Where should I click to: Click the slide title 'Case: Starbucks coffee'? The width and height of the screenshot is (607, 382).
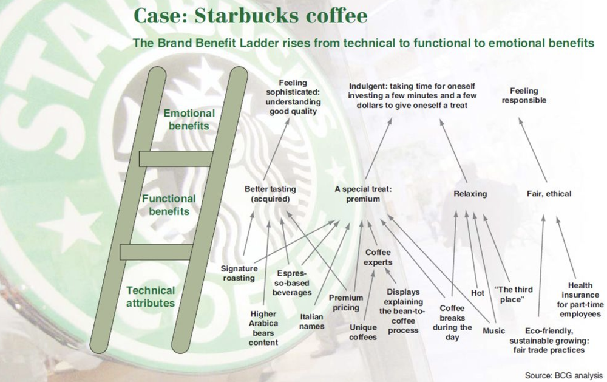(x=250, y=16)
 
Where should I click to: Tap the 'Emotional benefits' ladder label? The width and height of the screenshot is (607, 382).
(x=188, y=120)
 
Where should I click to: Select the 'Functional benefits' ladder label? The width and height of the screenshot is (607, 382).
(x=169, y=205)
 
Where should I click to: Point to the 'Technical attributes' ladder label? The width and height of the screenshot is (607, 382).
(x=151, y=296)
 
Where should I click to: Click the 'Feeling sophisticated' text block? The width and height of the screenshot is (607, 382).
(x=293, y=97)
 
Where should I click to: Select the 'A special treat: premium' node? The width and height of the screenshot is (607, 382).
(x=363, y=194)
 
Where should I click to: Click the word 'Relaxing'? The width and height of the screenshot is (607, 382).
(x=470, y=194)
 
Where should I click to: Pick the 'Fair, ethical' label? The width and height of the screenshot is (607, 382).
(x=549, y=194)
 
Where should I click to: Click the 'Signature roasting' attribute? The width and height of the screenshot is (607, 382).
(x=239, y=273)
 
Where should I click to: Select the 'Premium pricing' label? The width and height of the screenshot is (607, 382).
(x=346, y=302)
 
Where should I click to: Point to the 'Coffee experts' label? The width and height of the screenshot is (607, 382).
(x=378, y=257)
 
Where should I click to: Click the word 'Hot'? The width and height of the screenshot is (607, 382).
(x=478, y=293)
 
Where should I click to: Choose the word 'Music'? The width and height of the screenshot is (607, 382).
(x=493, y=331)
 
